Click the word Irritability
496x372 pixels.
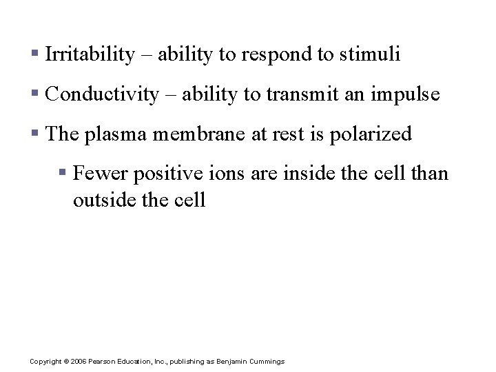(x=89, y=55)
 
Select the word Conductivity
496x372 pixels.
(x=101, y=94)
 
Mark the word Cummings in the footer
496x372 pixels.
(x=267, y=362)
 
